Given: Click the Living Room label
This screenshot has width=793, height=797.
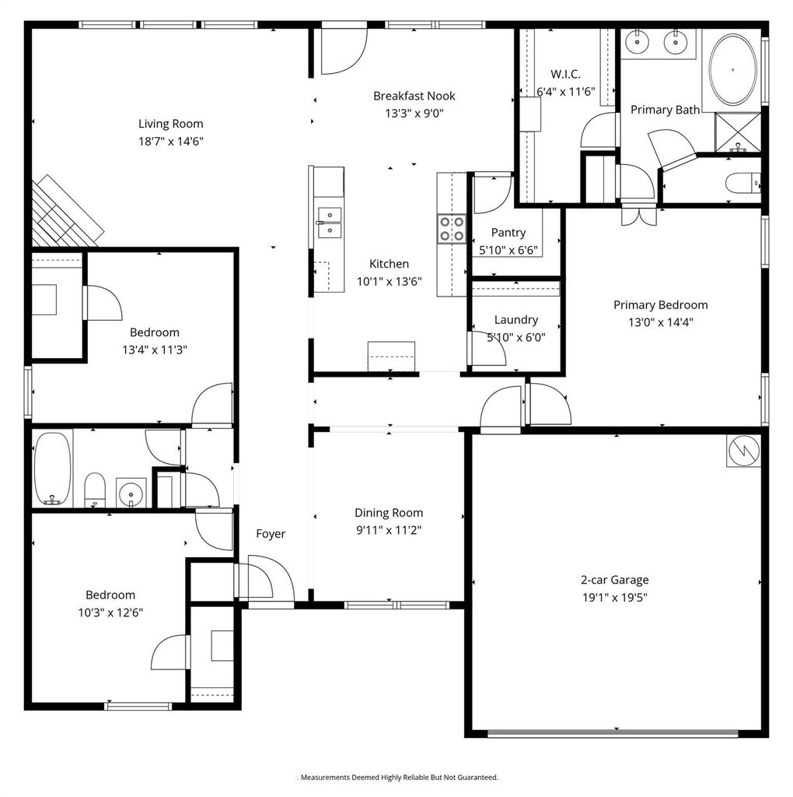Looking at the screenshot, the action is [x=170, y=124].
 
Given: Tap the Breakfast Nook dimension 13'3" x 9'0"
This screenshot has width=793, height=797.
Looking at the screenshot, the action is [x=414, y=113].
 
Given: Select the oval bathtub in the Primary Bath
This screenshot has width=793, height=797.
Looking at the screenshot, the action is [x=732, y=69].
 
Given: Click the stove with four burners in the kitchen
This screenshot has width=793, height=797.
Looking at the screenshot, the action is [x=452, y=229].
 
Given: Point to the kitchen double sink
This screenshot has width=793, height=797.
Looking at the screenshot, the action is [x=330, y=223].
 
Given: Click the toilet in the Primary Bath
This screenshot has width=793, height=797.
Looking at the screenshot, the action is [x=742, y=184].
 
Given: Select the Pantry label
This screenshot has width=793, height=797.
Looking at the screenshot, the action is [x=508, y=233].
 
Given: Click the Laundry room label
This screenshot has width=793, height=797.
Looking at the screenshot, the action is [x=515, y=320].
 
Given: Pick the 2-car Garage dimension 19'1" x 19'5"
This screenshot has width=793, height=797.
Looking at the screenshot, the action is [x=615, y=597].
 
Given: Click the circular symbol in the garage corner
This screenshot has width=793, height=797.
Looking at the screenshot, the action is [x=744, y=451].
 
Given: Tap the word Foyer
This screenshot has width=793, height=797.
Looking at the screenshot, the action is [x=271, y=534].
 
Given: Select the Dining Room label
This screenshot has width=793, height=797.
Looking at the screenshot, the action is [x=389, y=513].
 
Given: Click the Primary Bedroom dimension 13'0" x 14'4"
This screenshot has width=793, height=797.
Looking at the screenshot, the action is [x=661, y=322].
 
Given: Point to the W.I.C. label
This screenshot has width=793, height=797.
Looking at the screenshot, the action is [x=565, y=74].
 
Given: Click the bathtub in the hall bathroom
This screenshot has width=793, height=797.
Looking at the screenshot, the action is [x=53, y=469].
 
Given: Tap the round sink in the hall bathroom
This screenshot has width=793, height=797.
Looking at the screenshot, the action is [x=131, y=493].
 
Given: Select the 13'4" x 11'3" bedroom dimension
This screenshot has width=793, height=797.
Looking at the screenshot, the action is [x=155, y=349].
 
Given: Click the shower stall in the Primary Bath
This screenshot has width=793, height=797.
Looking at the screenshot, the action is [x=738, y=132].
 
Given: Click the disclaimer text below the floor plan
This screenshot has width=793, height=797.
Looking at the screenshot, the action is [x=400, y=778].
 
